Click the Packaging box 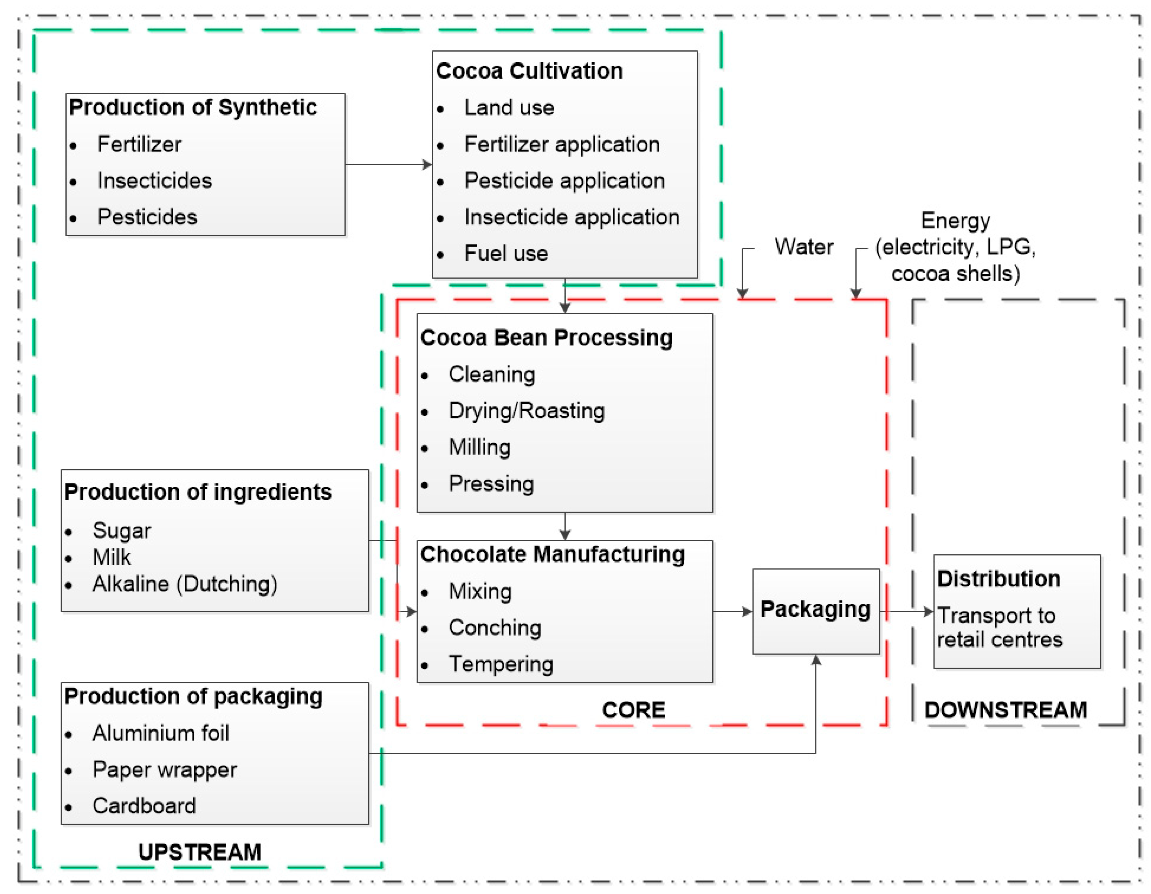(815, 611)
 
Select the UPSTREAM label (200, 852)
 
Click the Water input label (804, 247)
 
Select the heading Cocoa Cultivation (529, 71)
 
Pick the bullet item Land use (509, 107)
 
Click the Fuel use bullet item (506, 253)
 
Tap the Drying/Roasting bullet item (526, 411)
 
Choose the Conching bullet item (495, 627)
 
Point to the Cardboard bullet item (144, 806)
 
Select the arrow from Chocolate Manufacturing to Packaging (732, 612)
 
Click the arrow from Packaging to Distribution (906, 612)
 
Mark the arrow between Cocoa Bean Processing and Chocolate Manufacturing (565, 526)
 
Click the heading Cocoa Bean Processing (547, 338)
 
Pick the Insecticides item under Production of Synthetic (155, 181)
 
